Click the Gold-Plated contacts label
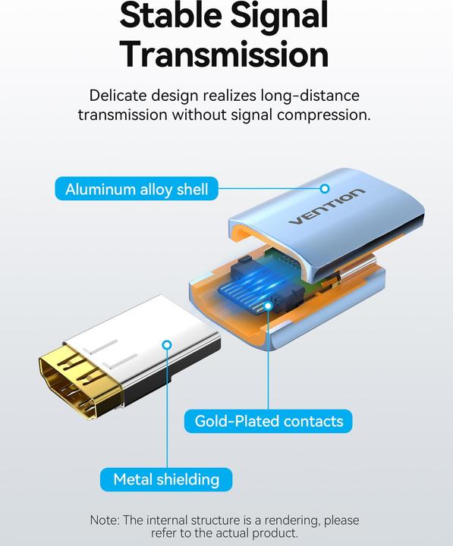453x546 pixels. (x=269, y=421)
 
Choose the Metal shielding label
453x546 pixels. (x=166, y=479)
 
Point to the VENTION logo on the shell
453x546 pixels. (x=326, y=207)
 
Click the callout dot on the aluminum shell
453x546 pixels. (x=325, y=188)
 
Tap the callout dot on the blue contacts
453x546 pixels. (x=268, y=306)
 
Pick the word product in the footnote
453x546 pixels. (x=272, y=534)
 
